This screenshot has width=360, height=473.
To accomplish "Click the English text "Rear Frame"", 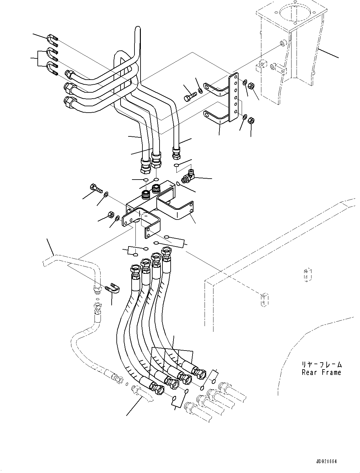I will tap(321, 372).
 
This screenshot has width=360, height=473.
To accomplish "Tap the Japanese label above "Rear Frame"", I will tap(322, 365).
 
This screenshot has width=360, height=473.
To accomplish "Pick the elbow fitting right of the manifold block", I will tap(187, 176).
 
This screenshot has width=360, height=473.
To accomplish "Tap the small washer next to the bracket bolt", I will tap(200, 92).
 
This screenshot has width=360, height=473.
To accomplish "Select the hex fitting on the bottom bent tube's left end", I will tap(68, 102).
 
